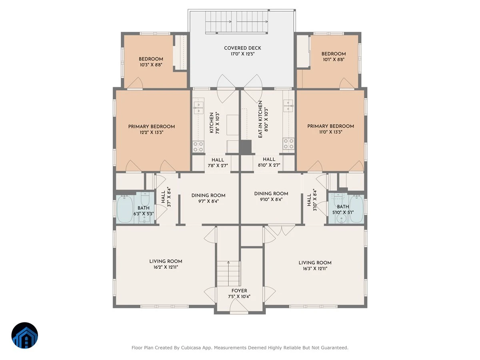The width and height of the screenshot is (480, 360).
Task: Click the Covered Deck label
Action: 242,48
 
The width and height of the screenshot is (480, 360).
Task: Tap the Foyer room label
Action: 239,291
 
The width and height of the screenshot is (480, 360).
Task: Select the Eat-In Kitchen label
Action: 260,119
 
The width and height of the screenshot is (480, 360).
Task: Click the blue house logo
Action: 25,335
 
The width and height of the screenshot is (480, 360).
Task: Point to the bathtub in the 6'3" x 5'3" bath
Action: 124,209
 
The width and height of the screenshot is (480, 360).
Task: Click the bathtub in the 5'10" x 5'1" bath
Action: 356,209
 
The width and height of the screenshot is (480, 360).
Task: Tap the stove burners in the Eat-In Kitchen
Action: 288,144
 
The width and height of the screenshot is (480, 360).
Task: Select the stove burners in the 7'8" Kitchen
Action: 198,147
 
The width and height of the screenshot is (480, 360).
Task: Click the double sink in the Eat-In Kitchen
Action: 288,106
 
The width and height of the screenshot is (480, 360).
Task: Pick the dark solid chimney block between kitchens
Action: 245,147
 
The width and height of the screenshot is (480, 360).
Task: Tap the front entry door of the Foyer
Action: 239,306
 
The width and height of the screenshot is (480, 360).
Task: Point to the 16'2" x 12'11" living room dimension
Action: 166,267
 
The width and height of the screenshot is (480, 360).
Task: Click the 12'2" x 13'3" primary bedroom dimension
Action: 151,132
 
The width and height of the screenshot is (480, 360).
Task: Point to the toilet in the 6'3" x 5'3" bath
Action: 145,198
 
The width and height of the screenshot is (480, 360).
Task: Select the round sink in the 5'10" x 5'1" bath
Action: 341,218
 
